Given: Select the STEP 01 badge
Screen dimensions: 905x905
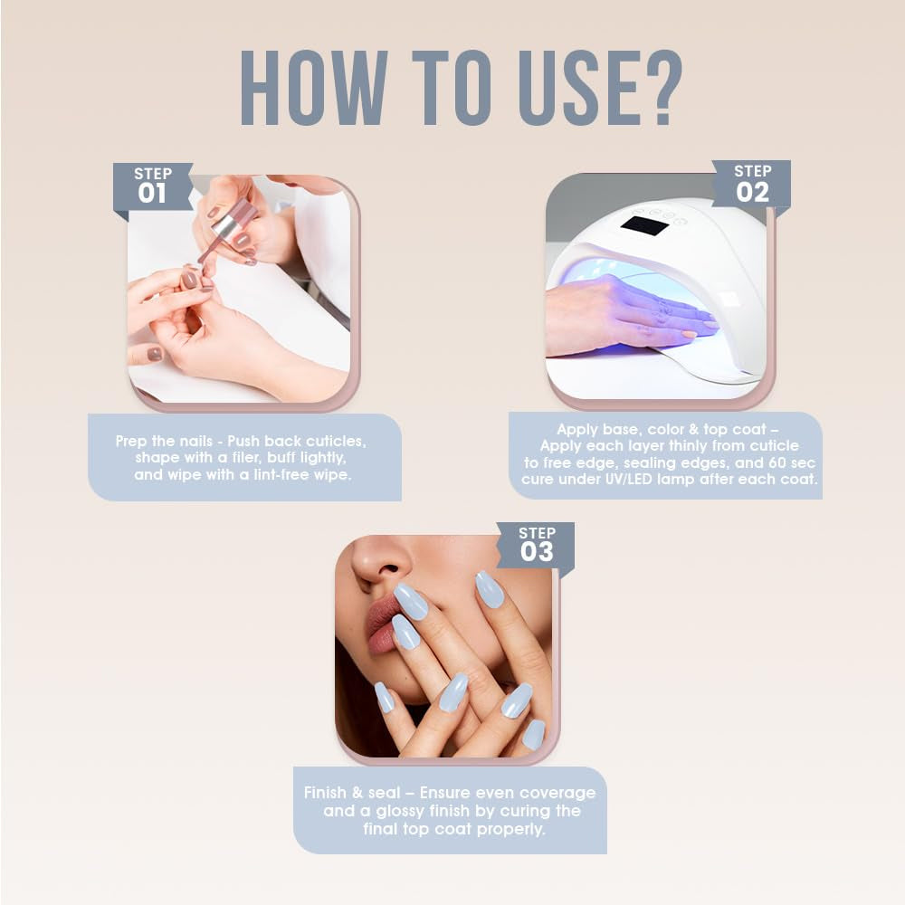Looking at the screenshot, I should (x=152, y=186).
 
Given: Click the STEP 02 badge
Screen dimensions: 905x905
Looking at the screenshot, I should (x=752, y=184).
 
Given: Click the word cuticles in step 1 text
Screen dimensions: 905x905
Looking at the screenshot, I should (x=335, y=442).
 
